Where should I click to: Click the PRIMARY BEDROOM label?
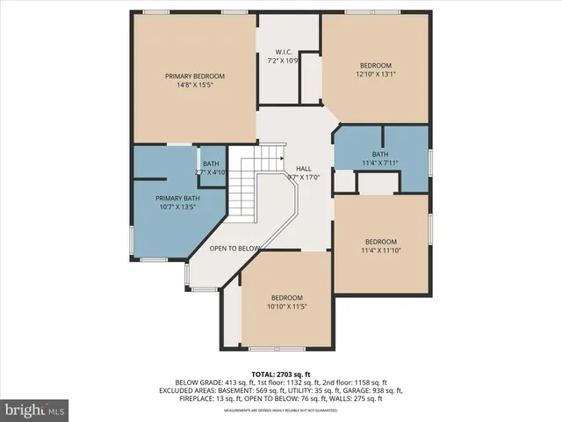[x=195, y=76]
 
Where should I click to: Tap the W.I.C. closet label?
[x=283, y=51]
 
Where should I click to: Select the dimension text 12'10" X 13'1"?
[x=377, y=75]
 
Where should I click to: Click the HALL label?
[x=303, y=168]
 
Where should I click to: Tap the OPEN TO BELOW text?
[x=234, y=249]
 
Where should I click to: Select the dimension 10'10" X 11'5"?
[x=286, y=307]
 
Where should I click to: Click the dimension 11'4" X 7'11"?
[x=380, y=163]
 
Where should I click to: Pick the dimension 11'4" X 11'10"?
[x=381, y=251]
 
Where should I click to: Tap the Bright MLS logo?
[x=34, y=410]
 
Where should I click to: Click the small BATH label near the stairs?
[x=211, y=164]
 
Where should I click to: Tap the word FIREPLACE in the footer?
[x=198, y=398]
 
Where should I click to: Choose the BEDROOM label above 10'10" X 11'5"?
[x=286, y=297]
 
